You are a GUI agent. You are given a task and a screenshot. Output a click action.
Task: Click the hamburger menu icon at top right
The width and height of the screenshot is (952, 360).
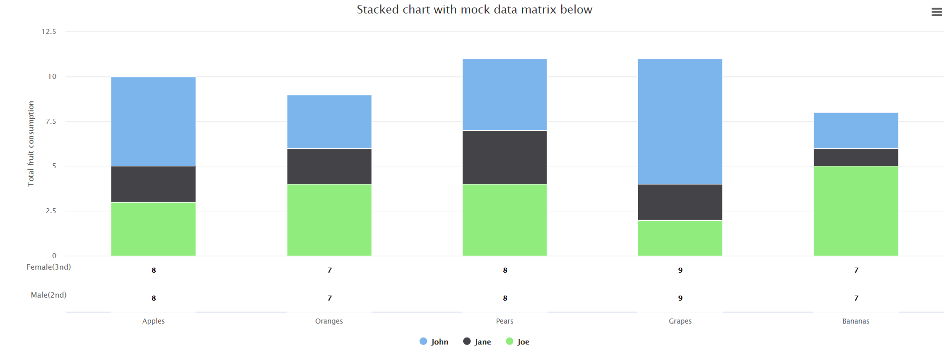coord(937,12)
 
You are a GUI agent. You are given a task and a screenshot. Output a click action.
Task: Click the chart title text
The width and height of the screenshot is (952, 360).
coord(474,9)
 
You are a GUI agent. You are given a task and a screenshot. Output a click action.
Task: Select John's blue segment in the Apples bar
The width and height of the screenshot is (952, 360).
coord(153,121)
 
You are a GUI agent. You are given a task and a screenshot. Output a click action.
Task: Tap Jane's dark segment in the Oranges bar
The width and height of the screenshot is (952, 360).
coord(329,166)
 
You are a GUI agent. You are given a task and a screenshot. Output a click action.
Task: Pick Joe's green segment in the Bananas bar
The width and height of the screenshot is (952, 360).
coord(856,211)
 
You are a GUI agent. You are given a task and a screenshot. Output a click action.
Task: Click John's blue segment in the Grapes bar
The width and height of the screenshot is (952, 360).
coord(680,121)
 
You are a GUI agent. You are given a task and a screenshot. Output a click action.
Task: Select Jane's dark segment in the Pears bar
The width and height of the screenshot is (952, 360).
coord(505,157)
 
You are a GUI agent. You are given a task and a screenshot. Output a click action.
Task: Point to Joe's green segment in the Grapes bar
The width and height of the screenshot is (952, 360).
coord(680,238)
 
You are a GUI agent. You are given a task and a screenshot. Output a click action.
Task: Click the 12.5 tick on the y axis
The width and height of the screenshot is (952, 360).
coord(49,31)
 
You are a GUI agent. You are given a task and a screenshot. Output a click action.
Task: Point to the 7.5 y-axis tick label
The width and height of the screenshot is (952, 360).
coord(51,121)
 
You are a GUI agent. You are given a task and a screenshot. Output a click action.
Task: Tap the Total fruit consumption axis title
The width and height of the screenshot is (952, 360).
coord(31,144)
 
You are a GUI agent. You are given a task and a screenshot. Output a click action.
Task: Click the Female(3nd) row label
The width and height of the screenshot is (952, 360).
coord(48,267)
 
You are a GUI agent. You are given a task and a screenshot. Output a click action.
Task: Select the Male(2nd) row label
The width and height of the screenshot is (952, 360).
coord(48,295)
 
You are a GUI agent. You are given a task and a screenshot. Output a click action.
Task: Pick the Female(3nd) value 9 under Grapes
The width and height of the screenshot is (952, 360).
coord(680,270)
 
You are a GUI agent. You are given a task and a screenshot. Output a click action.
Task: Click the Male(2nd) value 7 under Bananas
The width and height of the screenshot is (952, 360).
coord(856,298)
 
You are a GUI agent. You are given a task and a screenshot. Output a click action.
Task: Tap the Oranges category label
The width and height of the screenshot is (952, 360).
coord(329,321)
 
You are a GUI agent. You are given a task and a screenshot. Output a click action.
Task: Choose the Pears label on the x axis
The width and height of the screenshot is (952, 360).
coord(505,321)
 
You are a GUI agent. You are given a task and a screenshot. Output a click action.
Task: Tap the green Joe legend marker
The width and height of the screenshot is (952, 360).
coord(509,341)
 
